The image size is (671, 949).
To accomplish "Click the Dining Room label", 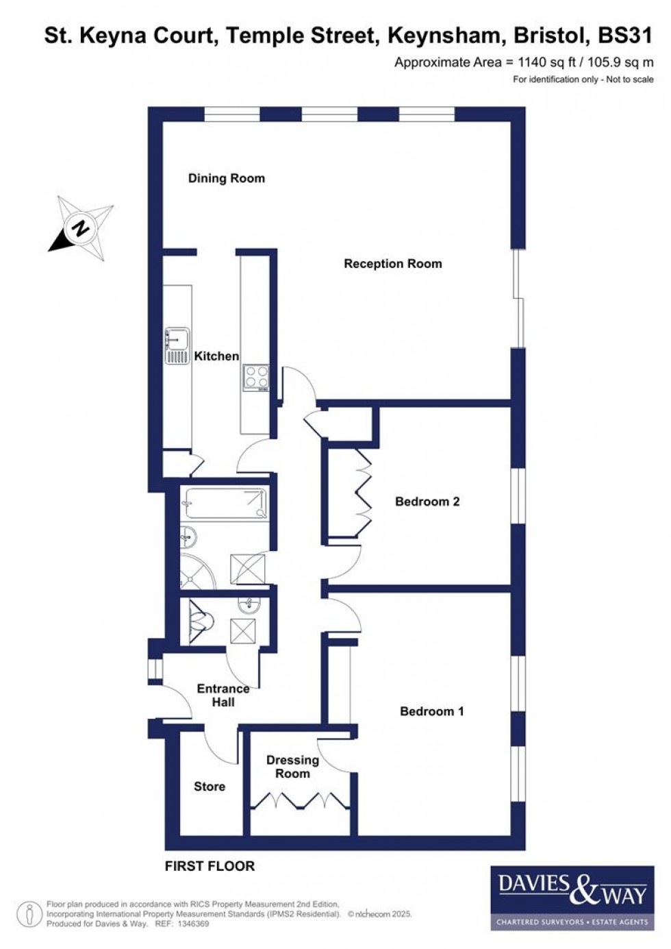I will point(226,178).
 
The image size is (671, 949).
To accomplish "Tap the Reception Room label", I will point(392,264).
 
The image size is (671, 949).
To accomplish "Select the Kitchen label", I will point(216,356).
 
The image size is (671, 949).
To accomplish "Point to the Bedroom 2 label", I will point(427,502).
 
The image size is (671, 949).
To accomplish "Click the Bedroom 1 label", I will point(431,711).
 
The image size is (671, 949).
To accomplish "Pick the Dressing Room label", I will point(292,767).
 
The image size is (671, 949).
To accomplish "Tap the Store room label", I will point(209,787).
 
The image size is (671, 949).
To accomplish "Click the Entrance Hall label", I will point(223,695).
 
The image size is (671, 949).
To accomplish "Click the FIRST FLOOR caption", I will point(210,866).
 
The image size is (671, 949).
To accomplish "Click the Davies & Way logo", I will point(572,896).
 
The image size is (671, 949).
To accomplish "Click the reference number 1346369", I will point(192,924).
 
